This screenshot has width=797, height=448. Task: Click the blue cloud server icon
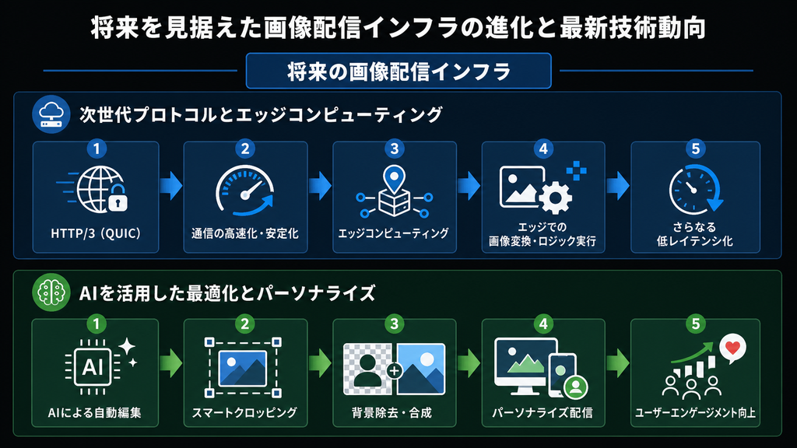(51, 114)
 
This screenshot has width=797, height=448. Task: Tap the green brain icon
(51, 292)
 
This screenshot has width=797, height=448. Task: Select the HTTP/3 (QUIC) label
(96, 233)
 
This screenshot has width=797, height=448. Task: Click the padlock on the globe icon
(118, 198)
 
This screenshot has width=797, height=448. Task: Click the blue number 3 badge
(394, 149)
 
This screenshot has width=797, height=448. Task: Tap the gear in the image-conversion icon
(555, 197)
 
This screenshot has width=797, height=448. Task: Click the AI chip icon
(93, 367)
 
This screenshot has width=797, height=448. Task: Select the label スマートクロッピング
(244, 412)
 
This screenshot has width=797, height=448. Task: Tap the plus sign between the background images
(394, 371)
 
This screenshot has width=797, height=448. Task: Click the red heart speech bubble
(732, 348)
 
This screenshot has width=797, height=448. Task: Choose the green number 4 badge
(542, 324)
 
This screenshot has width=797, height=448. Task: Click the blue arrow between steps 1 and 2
(170, 185)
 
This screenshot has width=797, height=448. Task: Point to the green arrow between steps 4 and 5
(617, 362)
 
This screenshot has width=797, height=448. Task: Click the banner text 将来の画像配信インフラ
(398, 72)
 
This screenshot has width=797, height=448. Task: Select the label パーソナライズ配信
(542, 412)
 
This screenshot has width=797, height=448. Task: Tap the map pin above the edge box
(394, 178)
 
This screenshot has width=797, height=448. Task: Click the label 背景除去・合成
(392, 412)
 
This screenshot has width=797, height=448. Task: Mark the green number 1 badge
(96, 324)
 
